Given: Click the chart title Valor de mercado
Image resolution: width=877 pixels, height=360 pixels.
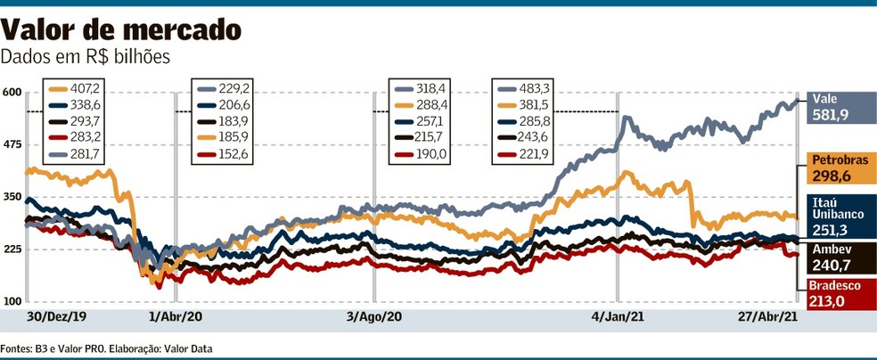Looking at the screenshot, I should coord(121,30).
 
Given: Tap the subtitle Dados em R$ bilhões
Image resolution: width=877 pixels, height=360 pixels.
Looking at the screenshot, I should coord(86,56).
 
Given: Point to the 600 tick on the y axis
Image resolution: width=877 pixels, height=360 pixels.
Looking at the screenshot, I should coord(12,93).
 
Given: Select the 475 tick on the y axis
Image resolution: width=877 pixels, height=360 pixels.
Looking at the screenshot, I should coord(12,144).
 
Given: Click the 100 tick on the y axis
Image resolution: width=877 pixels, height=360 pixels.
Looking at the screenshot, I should coord(12,301).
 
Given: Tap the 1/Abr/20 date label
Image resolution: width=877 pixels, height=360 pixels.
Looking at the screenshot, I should coord(176,317).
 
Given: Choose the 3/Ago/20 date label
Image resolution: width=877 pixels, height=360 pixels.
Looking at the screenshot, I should coord(374,317).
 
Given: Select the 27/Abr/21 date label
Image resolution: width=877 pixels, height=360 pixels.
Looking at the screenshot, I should coord(768,317).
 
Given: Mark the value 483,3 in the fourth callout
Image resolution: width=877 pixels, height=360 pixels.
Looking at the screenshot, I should coord(537,89).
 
